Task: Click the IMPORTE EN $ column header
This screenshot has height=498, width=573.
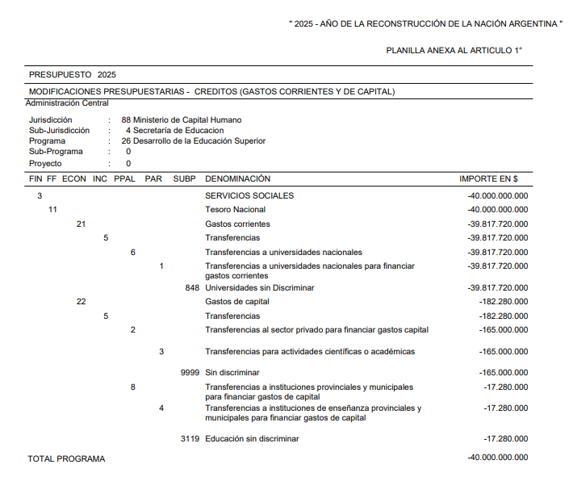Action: pos(488,178)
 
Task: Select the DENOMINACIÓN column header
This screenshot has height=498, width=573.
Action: pos(237,178)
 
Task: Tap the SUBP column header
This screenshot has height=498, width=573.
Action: pos(184,178)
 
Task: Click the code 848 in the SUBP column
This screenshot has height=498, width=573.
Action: pos(192,287)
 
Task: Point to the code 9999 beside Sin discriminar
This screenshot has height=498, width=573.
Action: pos(190,373)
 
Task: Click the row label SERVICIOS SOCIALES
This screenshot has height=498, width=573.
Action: pos(249,195)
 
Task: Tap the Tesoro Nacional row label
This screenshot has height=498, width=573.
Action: pos(235,210)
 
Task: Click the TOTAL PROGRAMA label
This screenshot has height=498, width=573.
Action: pos(66,458)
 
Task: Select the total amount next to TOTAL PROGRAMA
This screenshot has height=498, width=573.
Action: pos(498,458)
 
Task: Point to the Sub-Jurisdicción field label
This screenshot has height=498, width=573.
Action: pos(60,130)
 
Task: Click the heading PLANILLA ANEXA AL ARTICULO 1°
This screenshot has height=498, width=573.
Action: pos(454,50)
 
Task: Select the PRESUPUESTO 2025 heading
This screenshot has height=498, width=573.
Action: pos(73,74)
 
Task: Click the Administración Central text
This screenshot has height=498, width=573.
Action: pos(67,103)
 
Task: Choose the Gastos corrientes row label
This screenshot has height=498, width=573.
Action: pos(237,224)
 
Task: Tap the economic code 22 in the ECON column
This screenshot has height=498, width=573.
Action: pos(81,302)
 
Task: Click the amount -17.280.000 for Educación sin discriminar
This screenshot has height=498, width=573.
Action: pos(506,438)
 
